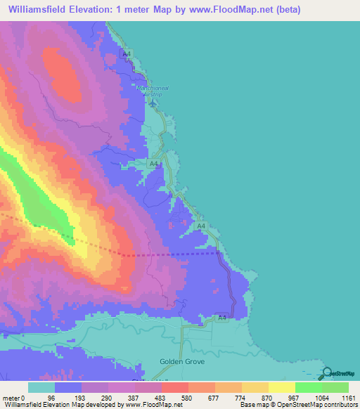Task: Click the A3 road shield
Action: click(x=221, y=318)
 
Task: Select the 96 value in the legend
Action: click(x=51, y=397)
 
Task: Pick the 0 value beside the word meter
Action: click(x=23, y=397)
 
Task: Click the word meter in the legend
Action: click(x=11, y=397)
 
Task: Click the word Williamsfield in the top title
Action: click(x=40, y=9)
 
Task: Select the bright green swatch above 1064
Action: click(x=308, y=387)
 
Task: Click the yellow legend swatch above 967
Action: click(x=281, y=387)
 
